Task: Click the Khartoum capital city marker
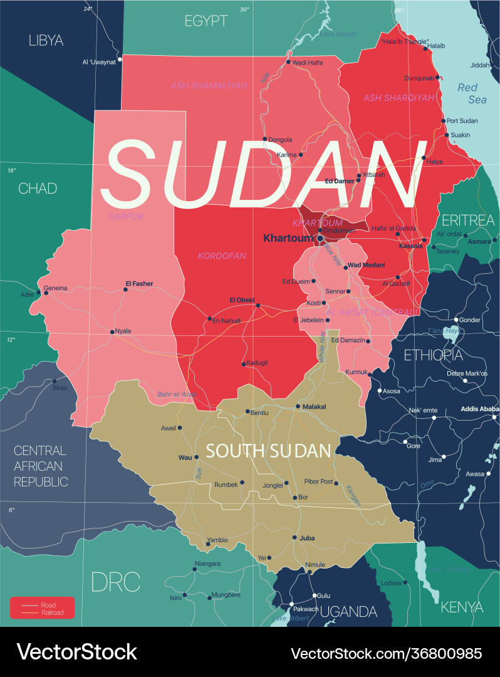[320, 238]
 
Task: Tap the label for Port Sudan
[462, 121]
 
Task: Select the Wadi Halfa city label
[308, 62]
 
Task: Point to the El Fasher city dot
[125, 290]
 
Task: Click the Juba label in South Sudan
[307, 537]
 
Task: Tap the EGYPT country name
[206, 21]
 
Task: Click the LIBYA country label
[46, 41]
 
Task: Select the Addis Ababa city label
[481, 409]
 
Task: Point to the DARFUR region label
[125, 216]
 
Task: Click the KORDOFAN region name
[222, 256]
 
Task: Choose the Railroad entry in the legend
[52, 612]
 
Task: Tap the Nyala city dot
[112, 332]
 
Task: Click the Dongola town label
[280, 139]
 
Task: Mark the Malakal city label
[315, 406]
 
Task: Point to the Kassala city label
[411, 246]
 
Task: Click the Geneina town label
[55, 288]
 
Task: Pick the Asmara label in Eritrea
[479, 241]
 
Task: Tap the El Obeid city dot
[258, 305]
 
